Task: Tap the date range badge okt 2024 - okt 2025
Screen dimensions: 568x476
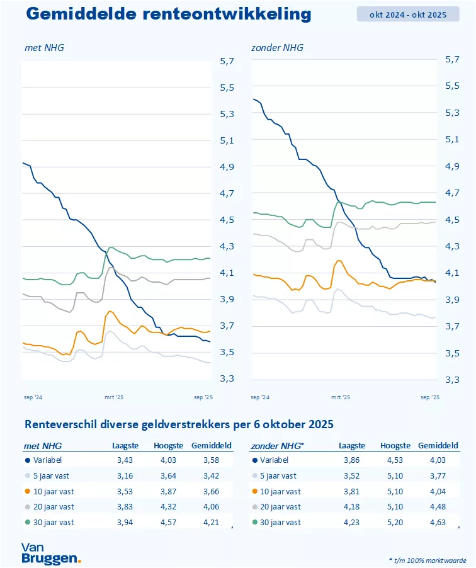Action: pos(408,14)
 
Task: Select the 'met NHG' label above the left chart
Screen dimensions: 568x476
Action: pos(44,47)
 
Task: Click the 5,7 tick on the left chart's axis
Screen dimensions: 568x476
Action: pos(227,61)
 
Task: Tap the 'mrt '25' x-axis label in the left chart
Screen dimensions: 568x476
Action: pos(114,397)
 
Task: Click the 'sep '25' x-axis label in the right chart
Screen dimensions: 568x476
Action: pos(429,397)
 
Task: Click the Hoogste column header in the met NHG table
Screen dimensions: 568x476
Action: pos(168,446)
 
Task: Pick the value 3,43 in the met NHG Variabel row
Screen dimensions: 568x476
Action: pos(125,461)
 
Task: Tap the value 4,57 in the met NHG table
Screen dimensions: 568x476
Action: pos(168,522)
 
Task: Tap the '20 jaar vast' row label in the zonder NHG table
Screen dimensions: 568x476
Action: pos(280,506)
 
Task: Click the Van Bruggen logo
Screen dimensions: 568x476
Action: pos(50,552)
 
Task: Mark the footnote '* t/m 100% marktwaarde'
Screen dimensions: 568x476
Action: pos(428,559)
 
